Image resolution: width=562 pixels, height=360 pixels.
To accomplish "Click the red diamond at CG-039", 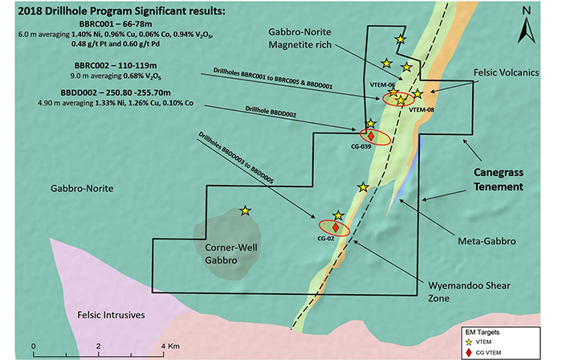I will click(371, 137).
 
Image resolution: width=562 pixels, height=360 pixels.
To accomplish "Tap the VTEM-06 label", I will click(381, 86).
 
